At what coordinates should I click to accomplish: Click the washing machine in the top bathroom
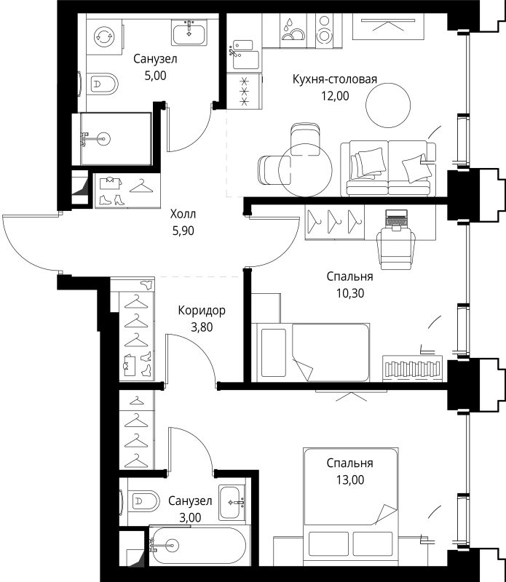click(x=104, y=36)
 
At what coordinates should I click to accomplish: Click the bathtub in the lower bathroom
click(x=199, y=545)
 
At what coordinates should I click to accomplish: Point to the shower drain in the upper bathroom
click(x=104, y=139)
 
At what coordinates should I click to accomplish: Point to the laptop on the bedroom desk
click(x=396, y=219)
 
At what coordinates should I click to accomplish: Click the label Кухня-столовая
click(x=334, y=79)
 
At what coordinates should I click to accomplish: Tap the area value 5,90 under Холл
click(x=183, y=231)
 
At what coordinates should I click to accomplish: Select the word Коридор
click(x=202, y=311)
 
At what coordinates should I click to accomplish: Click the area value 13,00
click(x=350, y=480)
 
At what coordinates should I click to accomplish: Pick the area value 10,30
click(x=350, y=293)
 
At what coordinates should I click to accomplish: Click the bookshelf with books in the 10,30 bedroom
click(x=412, y=368)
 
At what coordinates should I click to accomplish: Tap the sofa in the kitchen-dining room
click(x=388, y=168)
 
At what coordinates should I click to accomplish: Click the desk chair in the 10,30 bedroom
click(x=396, y=247)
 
